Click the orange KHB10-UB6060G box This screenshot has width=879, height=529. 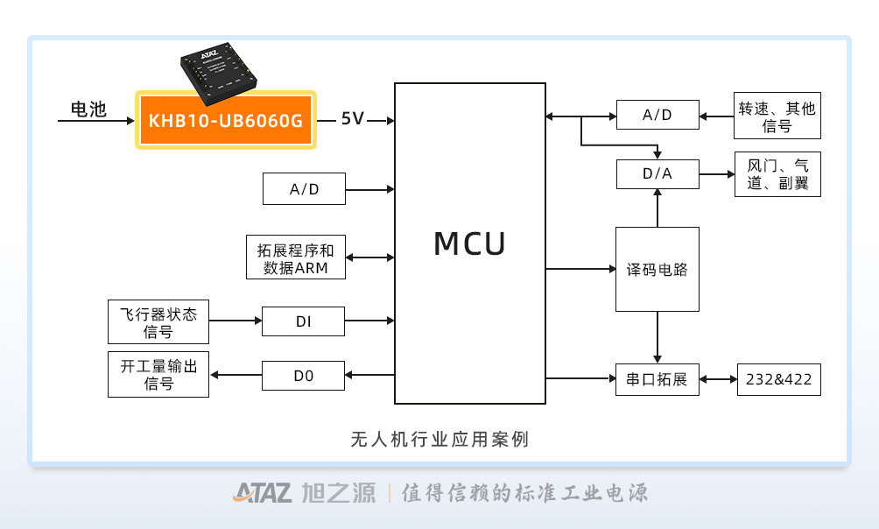226,120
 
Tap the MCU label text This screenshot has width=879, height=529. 470,243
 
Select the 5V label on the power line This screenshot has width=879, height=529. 353,118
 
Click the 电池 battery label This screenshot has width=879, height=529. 88,109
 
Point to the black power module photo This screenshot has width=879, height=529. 219,73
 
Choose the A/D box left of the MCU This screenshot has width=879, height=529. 304,189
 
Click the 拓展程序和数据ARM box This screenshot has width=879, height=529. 295,257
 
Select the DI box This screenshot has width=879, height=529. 303,321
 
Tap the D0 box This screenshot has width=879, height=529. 303,376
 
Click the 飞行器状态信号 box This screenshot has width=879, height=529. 158,321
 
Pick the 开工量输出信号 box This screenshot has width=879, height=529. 158,374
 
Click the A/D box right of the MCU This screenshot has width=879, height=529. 657,115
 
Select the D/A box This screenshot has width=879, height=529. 657,174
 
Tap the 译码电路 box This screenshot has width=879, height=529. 657,269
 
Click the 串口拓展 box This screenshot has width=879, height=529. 657,380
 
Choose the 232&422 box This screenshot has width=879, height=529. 778,380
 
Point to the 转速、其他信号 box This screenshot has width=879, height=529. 777,116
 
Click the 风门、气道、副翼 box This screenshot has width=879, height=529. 777,174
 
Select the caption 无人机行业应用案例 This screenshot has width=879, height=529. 439,440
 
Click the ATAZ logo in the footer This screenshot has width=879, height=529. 263,492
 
